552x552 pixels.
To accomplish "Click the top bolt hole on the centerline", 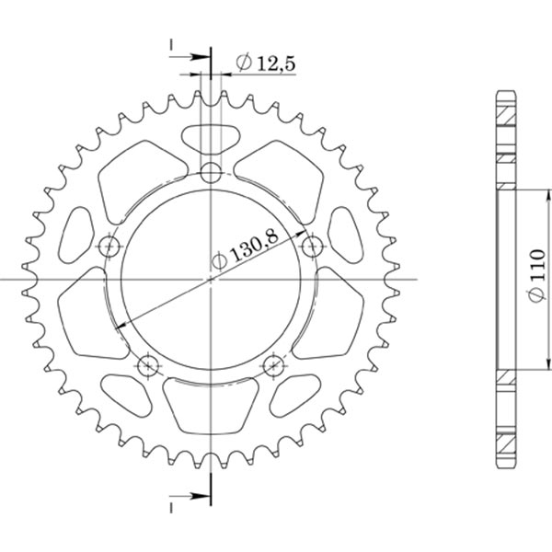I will point(212,171).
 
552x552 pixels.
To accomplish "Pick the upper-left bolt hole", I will point(109,246).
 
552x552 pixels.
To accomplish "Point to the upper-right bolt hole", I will point(314,246).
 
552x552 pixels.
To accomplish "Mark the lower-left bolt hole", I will point(148,366).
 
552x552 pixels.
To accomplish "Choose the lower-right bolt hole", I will point(274,366).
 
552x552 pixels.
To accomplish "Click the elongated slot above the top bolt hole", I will point(212,137).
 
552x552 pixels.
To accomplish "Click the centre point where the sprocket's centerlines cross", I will point(212,280).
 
